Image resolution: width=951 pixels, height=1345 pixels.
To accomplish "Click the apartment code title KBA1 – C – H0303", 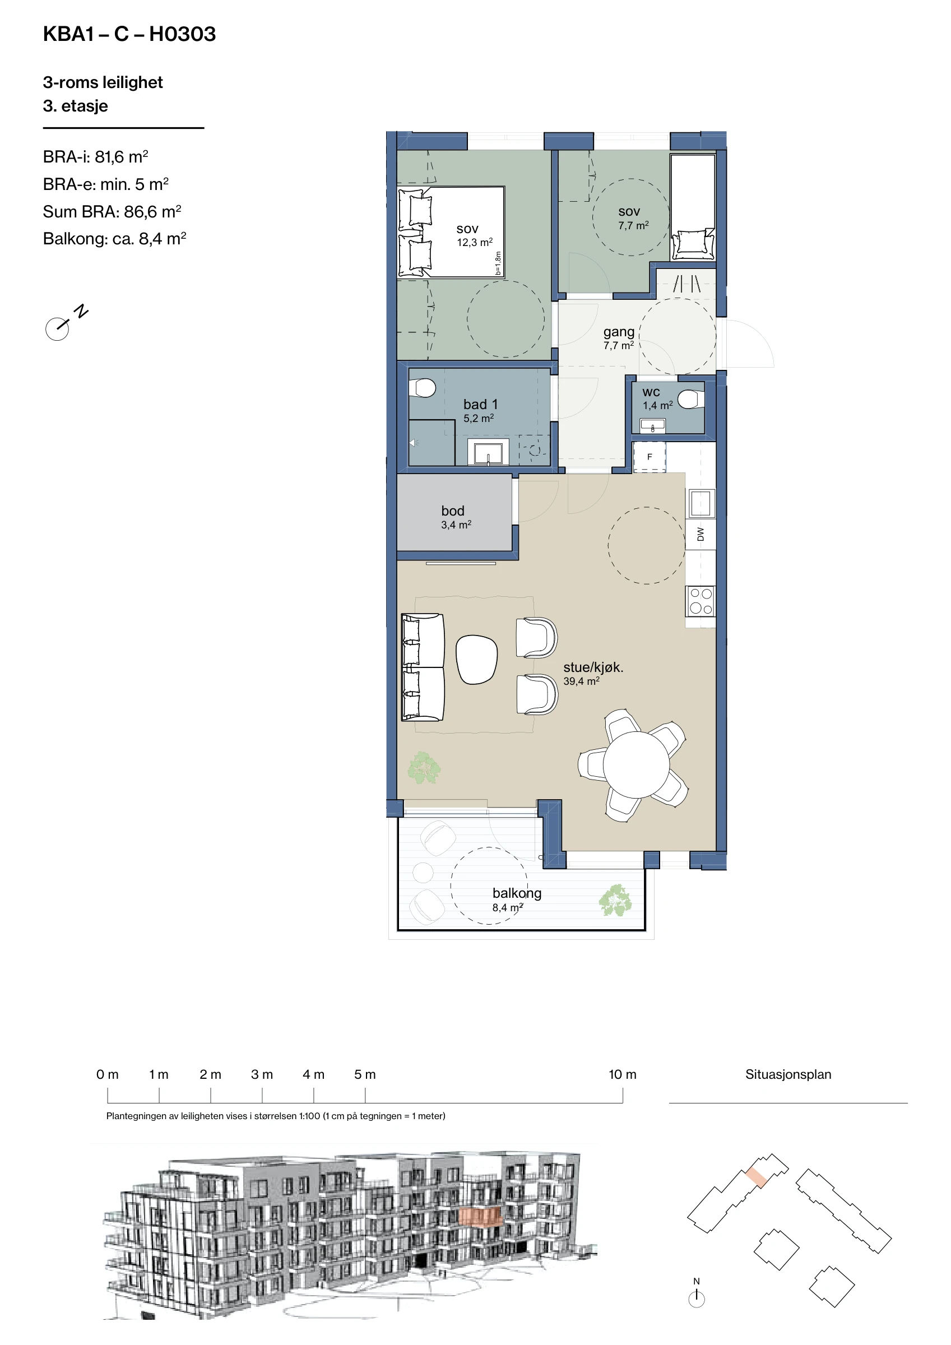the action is click(x=129, y=34).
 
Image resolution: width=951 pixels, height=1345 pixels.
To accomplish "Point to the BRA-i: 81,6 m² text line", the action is click(x=95, y=157).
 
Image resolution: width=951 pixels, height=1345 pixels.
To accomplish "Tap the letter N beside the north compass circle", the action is click(x=81, y=311).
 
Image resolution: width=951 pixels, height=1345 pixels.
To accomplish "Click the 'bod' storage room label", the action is click(x=453, y=511).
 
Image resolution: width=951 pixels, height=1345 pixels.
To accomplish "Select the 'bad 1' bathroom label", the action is click(x=480, y=404).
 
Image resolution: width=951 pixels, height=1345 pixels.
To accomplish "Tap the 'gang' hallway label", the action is click(x=619, y=332).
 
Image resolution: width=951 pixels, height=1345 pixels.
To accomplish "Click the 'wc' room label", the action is click(x=651, y=392).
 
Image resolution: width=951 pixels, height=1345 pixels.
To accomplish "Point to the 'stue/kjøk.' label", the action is click(x=593, y=667).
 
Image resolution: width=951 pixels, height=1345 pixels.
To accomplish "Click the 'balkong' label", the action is click(x=517, y=893).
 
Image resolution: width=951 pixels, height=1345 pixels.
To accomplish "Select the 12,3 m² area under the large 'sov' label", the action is click(x=475, y=242).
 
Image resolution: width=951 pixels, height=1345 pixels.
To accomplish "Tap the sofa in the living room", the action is click(x=422, y=667).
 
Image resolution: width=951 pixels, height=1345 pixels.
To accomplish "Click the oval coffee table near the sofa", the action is click(x=476, y=660).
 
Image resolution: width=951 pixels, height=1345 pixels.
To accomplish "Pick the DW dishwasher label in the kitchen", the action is click(x=700, y=534).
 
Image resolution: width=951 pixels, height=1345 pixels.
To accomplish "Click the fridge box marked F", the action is click(x=650, y=457).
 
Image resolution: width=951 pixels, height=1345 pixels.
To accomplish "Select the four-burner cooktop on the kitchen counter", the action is click(x=700, y=601).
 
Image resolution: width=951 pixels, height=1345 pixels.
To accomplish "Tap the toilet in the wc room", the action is click(x=691, y=400).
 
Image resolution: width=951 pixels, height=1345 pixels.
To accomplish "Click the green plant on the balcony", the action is click(x=615, y=900).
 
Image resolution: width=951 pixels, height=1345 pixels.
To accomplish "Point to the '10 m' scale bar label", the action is click(x=622, y=1074).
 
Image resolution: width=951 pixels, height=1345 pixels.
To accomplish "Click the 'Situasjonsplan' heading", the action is click(x=788, y=1074).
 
